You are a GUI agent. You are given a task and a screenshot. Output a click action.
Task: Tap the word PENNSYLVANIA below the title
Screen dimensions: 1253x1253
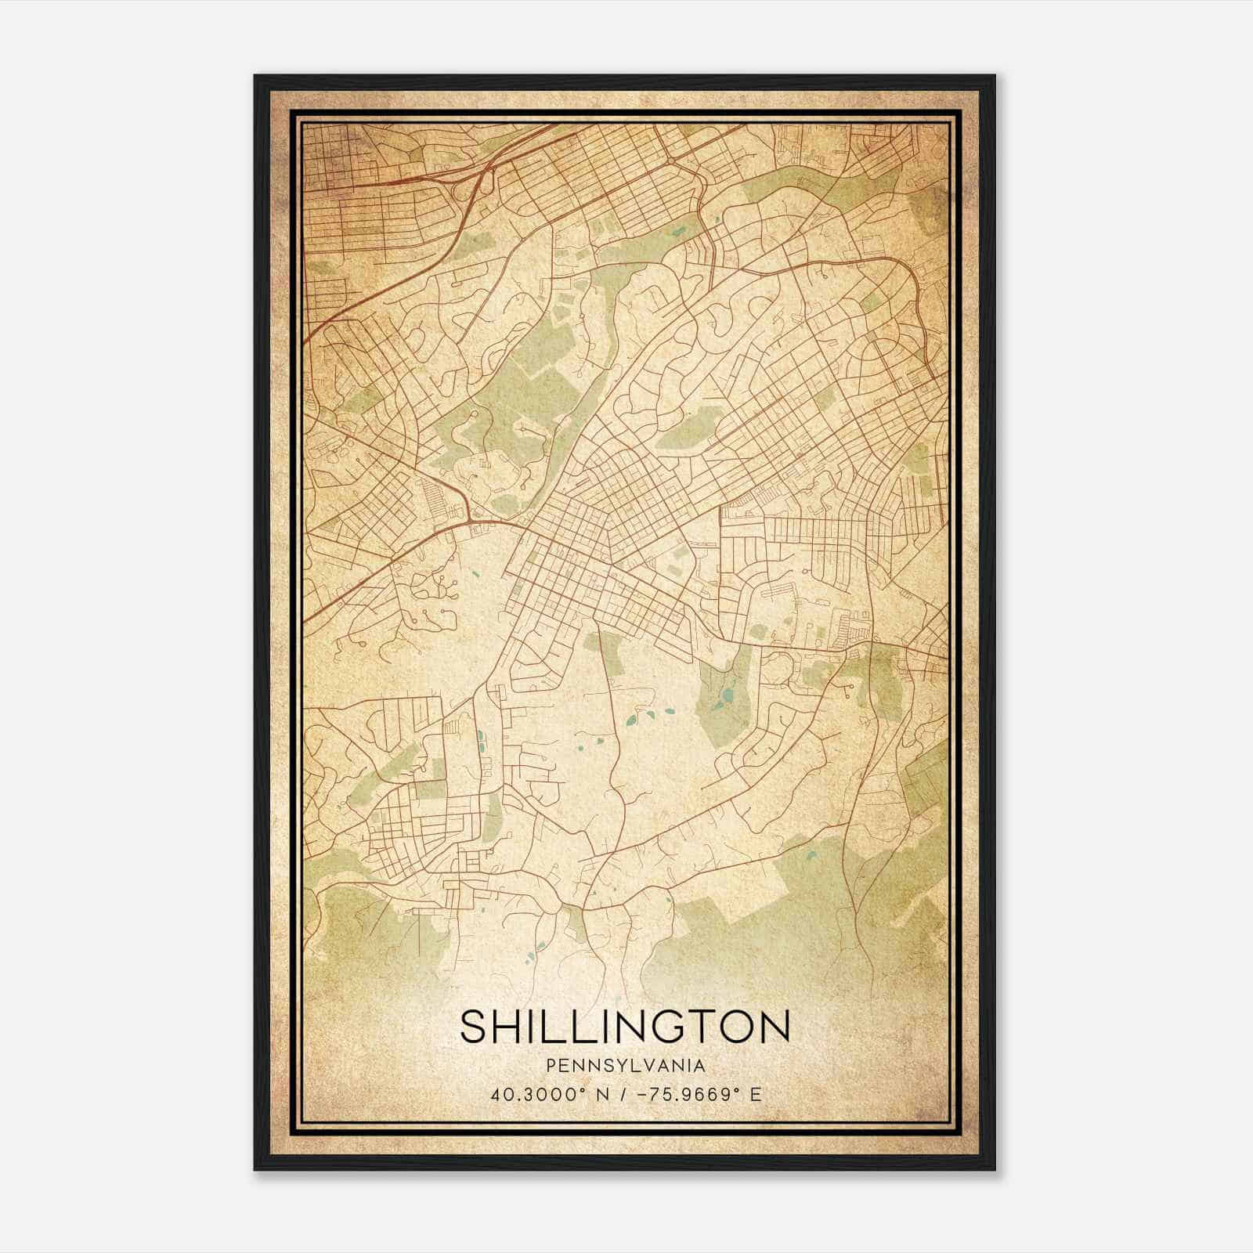click(x=625, y=1066)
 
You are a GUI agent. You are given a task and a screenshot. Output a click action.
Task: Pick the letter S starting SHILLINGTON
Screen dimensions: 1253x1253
click(x=475, y=1027)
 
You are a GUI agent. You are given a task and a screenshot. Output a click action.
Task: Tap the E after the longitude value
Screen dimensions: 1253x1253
click(x=755, y=1094)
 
